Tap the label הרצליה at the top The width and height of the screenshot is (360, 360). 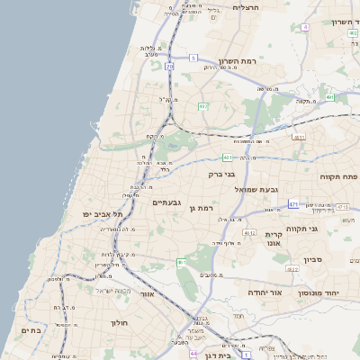click(246, 6)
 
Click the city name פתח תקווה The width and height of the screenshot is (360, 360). click(337, 176)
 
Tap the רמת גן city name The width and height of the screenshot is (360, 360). click(205, 208)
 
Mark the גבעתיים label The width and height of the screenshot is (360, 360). click(166, 202)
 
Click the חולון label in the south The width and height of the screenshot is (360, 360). click(121, 322)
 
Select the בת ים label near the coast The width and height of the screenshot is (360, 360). click(31, 330)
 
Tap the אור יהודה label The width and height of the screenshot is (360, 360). click(265, 293)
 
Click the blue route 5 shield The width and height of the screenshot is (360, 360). click(193, 58)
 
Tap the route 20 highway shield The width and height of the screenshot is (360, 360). click(169, 67)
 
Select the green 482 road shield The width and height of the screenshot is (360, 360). click(202, 106)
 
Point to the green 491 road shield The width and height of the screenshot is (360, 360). click(329, 96)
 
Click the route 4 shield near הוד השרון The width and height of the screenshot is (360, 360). click(305, 27)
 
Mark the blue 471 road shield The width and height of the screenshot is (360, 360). click(293, 204)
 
